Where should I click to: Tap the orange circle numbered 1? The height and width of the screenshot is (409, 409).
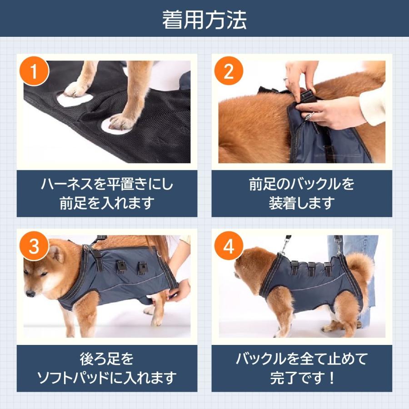click(35, 72)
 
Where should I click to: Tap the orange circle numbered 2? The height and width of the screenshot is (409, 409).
click(229, 72)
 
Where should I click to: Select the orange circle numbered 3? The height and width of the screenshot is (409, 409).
click(35, 247)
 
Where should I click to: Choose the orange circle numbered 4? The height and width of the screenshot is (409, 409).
click(229, 247)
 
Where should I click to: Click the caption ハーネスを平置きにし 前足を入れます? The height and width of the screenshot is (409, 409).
click(107, 193)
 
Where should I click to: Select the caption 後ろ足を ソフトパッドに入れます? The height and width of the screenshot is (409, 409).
click(107, 369)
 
